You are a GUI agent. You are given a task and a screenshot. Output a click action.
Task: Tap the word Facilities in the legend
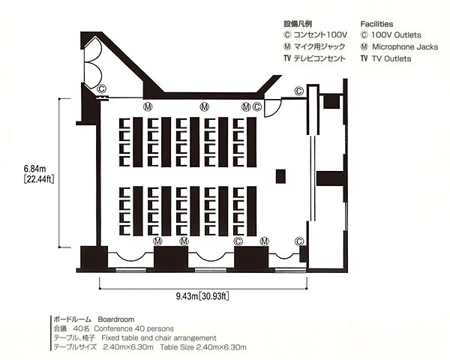[x=376, y=24]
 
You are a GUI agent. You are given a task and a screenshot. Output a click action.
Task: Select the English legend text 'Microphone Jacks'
[x=405, y=46]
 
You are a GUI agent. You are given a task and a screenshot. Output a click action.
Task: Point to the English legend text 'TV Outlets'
[x=391, y=58]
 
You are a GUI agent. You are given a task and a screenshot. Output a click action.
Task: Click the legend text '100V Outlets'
[x=396, y=35]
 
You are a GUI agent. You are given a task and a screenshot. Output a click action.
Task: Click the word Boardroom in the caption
[x=116, y=319]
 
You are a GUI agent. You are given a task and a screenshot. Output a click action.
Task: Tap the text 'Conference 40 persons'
[x=134, y=328]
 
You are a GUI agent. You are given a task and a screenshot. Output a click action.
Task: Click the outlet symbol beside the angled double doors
[x=101, y=88]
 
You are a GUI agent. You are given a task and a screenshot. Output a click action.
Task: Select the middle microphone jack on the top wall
[x=204, y=107]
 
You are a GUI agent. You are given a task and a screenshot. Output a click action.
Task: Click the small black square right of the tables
[x=280, y=176]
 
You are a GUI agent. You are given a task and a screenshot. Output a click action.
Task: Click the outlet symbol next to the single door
[x=256, y=107]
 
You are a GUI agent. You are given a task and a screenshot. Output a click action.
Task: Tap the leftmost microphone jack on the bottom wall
[x=157, y=241]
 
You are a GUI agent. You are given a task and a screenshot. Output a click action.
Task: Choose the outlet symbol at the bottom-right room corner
[x=299, y=241]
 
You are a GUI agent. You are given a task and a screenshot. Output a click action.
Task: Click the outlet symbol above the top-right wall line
[x=298, y=91]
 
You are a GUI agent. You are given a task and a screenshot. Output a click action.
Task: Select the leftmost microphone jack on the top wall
[x=148, y=107]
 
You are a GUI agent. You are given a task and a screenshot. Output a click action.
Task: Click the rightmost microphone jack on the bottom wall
[x=264, y=241]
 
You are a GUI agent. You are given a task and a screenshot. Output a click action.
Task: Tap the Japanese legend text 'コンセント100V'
[x=320, y=35]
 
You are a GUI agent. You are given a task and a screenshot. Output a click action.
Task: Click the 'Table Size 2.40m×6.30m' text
[x=203, y=347]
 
